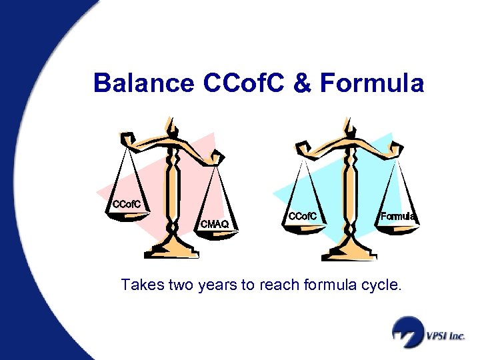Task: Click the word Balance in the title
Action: (x=141, y=83)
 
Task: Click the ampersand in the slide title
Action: (x=303, y=83)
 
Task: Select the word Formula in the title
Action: (x=371, y=83)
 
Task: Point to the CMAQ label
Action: (x=214, y=225)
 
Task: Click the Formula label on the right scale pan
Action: (x=398, y=216)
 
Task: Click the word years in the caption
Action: (x=215, y=286)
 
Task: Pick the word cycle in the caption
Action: (x=383, y=286)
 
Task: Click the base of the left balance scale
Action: (x=172, y=252)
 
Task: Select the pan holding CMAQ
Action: (x=214, y=227)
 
